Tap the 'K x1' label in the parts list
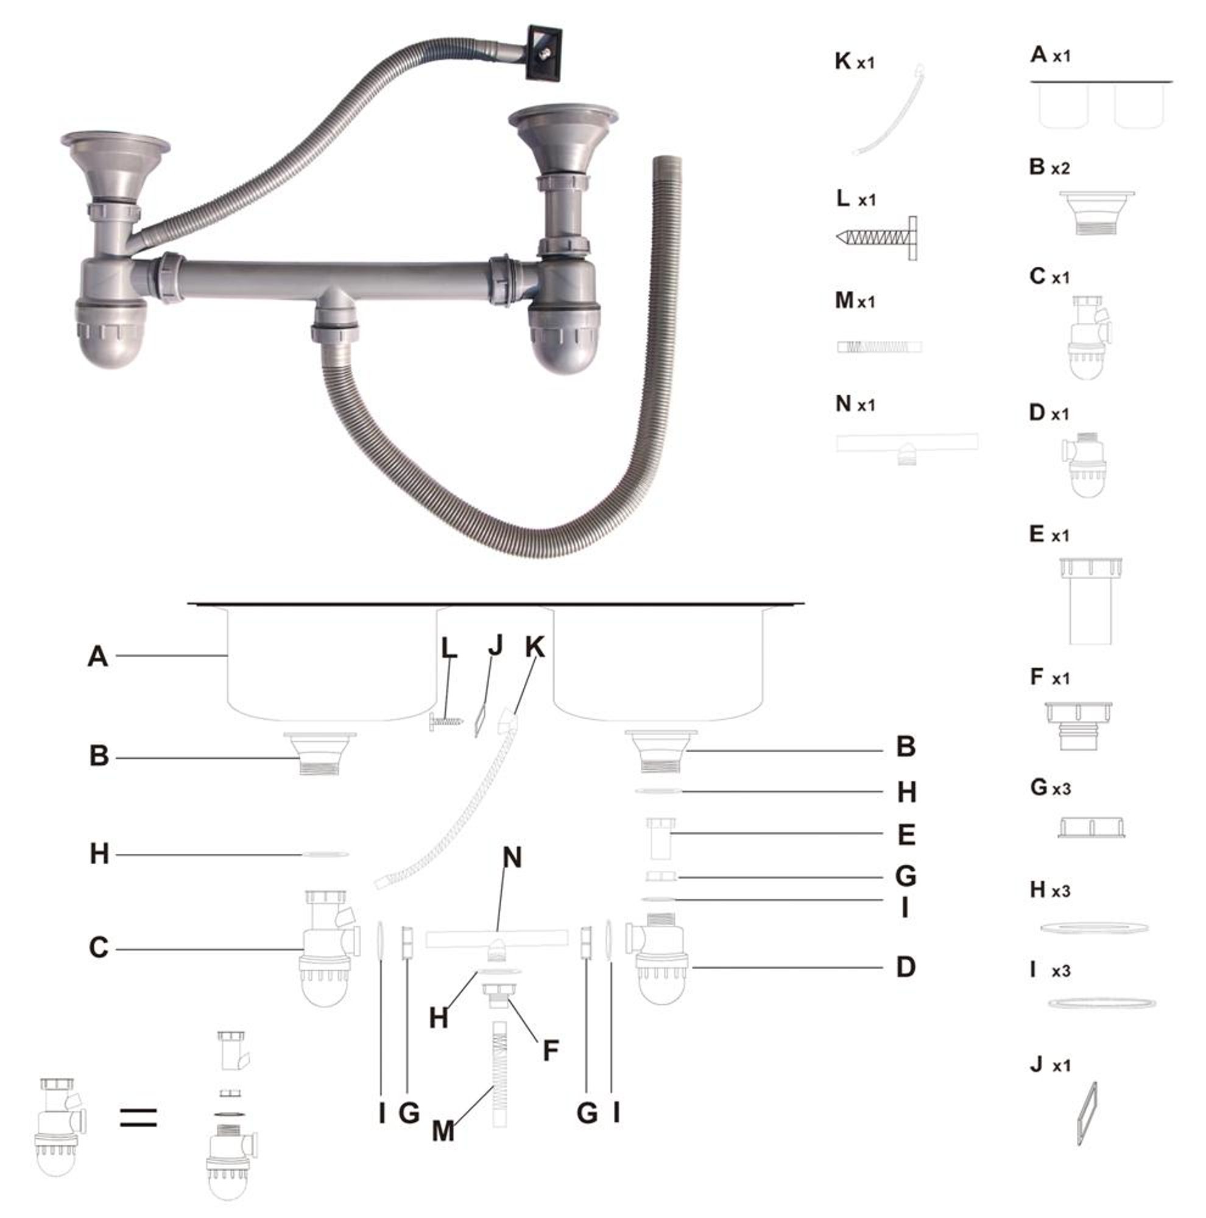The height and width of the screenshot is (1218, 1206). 855,61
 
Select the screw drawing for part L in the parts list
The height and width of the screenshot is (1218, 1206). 877,237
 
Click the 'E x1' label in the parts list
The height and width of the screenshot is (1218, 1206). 1049,535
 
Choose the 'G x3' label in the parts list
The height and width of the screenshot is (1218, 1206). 1050,787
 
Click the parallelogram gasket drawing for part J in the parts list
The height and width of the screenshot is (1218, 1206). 1085,1113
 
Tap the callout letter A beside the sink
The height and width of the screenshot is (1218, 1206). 97,657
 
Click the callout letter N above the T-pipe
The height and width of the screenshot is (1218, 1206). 512,857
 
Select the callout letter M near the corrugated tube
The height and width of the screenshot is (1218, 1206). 443,1132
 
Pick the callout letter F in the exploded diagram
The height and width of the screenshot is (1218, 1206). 551,1051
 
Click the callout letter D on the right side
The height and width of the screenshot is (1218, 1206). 906,966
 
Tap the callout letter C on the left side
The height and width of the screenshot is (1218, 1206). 98,948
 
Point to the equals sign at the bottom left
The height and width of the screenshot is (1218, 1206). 138,1118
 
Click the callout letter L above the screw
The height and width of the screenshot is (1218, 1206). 449,648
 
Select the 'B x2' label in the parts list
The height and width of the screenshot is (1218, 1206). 1049,167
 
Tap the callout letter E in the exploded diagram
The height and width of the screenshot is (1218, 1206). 906,835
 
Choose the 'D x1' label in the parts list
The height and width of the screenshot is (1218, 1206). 1049,413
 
